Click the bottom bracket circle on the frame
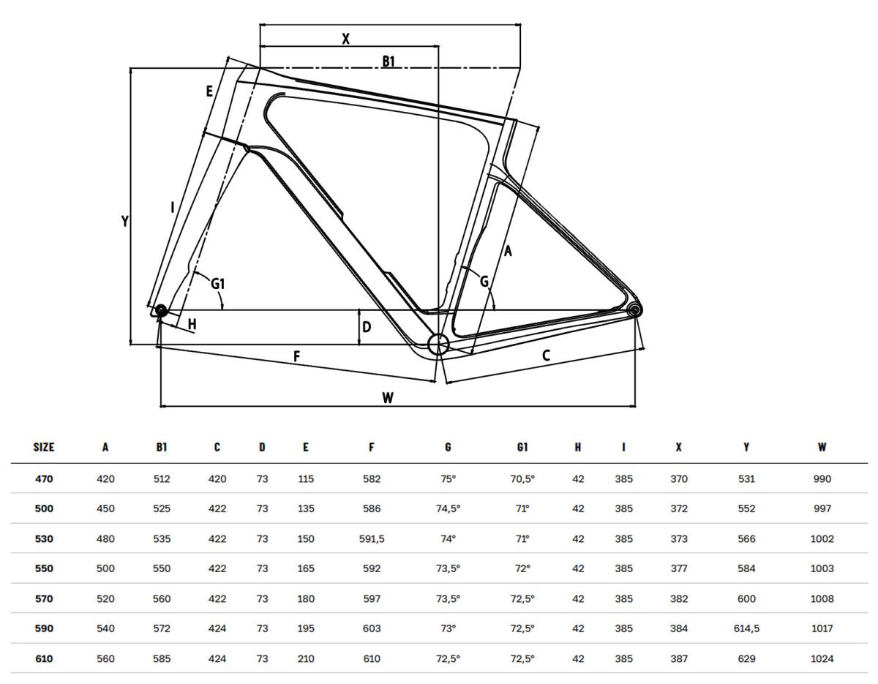click(438, 345)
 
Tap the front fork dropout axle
click(160, 311)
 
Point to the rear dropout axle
click(634, 310)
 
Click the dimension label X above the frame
click(346, 39)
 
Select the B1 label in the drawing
click(389, 61)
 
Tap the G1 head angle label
click(218, 284)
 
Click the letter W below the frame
click(388, 398)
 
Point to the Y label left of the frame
click(125, 221)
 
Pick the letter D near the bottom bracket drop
click(367, 327)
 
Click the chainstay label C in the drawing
click(546, 356)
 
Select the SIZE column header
click(44, 447)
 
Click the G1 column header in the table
click(522, 447)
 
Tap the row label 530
click(44, 538)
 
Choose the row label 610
click(44, 659)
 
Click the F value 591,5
click(372, 539)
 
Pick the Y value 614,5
click(746, 628)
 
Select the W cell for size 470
click(822, 479)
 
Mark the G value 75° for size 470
click(448, 479)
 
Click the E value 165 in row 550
click(305, 569)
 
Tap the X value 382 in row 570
click(679, 598)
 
